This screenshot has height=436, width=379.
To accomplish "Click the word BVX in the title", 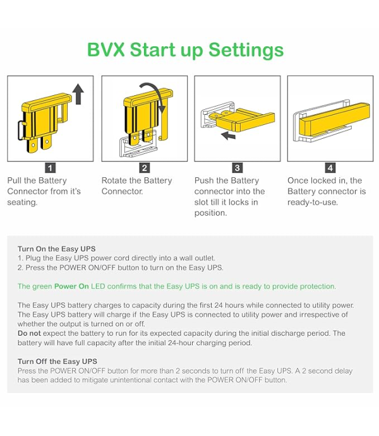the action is pos(105,50).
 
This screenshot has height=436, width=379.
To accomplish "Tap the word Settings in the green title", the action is pos(246,51).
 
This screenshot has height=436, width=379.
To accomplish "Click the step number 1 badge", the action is pos(50,168).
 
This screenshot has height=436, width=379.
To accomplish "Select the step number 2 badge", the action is pos(145,168).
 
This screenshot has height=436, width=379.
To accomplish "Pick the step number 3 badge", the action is pos(238,168).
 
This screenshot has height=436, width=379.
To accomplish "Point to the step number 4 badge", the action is pos(330,168).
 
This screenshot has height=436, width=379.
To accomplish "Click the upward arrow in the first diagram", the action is pos(78,94).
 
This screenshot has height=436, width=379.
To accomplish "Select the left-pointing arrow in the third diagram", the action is pos(228,136).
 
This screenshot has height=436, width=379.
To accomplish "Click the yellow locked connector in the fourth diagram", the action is pos(334,119).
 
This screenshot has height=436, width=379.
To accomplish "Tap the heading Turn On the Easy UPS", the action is pos(56,249).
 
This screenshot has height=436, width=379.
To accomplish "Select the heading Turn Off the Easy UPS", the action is pos(57,361).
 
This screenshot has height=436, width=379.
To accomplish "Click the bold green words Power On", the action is pos(71,286).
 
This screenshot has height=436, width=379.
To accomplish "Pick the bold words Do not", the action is pos(29,333).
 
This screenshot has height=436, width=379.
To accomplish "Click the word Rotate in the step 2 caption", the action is pos(114,180).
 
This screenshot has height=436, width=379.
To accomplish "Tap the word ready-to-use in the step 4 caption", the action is pos(313,203).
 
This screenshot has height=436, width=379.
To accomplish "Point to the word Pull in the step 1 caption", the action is pos(15,180).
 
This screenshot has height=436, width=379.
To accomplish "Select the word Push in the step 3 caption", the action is pos(204,180).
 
